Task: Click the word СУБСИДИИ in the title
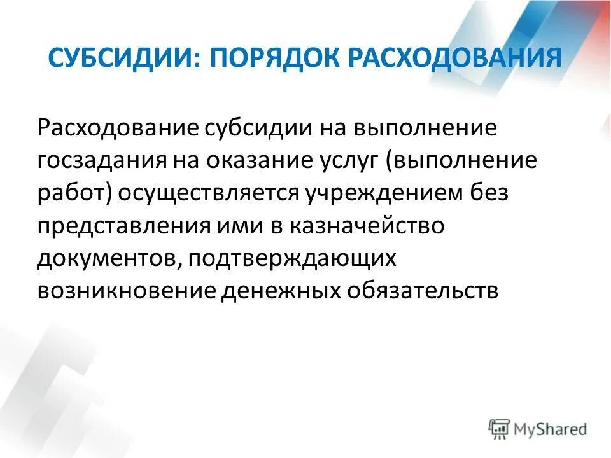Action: pyautogui.click(x=120, y=59)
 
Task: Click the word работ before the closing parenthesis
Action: pyautogui.click(x=74, y=193)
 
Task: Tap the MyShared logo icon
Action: pyautogui.click(x=499, y=428)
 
